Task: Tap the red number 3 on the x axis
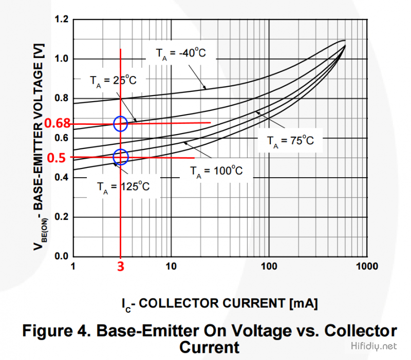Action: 120,267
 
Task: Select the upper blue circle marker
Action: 120,124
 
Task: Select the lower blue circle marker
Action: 120,157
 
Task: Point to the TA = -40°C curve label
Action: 181,53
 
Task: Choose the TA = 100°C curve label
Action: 216,170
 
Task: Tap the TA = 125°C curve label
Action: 123,186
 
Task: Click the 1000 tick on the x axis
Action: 367,267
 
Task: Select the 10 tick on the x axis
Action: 171,267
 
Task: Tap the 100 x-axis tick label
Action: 269,267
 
